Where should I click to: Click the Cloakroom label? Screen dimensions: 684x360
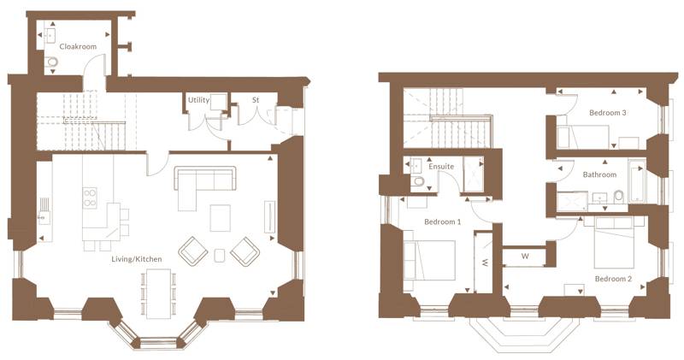coord(78,47)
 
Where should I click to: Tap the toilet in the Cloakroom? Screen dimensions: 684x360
coord(51,62)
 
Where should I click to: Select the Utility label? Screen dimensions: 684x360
coord(198,100)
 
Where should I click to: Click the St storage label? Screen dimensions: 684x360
coord(256,100)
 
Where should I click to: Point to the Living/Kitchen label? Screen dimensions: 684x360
coord(137,259)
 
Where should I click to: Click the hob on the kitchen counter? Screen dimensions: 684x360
coord(90,198)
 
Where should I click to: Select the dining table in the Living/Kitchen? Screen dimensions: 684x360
coord(158,293)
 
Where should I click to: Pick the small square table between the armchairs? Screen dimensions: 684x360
coord(220,256)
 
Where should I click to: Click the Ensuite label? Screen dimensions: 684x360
coord(441,167)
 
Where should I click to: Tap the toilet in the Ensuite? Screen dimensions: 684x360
coord(417,181)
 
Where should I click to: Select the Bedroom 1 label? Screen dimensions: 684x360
coord(442,222)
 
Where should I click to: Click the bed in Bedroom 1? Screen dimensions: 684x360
coord(429,261)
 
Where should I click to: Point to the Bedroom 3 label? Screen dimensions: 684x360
coord(608,113)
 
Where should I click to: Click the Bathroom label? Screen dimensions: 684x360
coord(600,174)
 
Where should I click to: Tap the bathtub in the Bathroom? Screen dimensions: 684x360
coord(636,181)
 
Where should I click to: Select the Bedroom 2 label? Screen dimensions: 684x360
coord(613,279)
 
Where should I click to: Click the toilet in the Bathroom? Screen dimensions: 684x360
coord(618,197)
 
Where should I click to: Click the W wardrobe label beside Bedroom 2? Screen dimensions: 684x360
coord(525,257)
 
